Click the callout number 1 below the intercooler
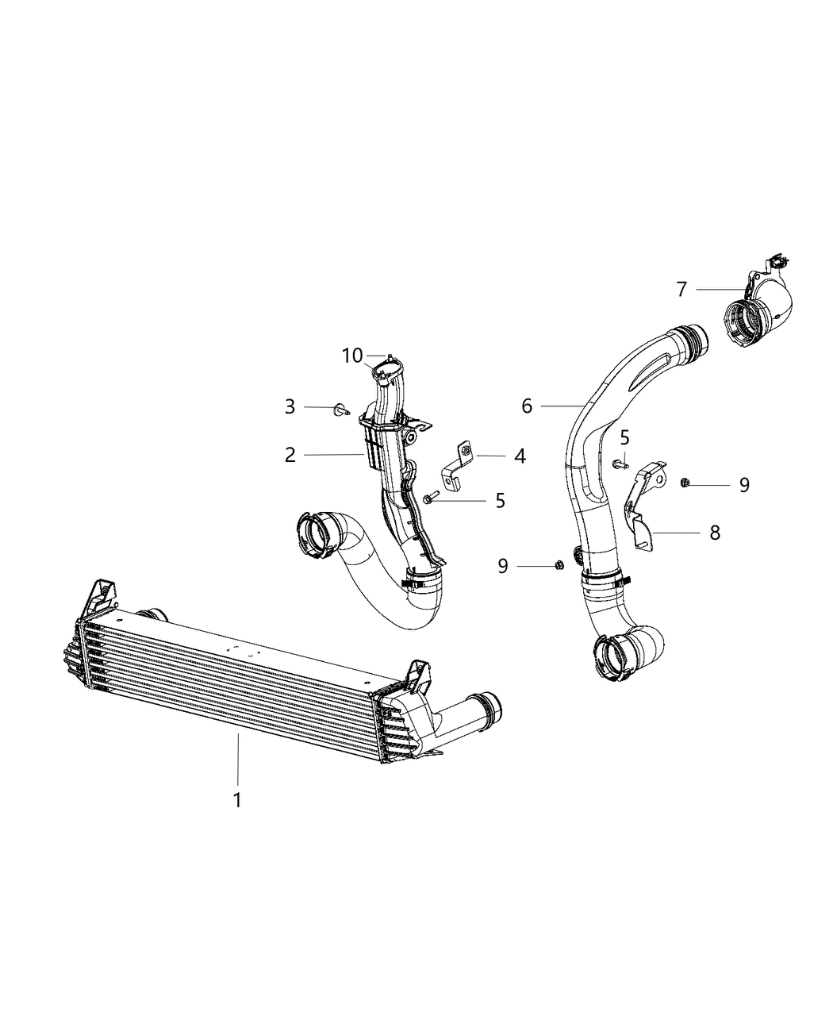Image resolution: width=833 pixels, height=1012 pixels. [236, 799]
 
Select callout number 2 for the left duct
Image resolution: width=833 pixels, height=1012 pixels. [290, 455]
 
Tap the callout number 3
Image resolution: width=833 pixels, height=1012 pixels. [290, 406]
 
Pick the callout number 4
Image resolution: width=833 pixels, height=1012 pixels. [520, 456]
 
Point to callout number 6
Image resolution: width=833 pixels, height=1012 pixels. [527, 406]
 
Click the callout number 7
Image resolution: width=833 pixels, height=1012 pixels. [681, 290]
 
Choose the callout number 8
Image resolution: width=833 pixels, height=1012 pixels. [715, 533]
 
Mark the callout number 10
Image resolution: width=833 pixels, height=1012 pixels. [352, 356]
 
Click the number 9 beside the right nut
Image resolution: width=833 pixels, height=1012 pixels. [744, 484]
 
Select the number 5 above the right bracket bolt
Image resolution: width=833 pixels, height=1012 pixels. [625, 437]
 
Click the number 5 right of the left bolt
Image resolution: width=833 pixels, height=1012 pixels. [500, 500]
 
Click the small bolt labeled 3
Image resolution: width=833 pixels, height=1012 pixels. [342, 408]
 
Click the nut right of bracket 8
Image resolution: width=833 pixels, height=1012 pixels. [686, 482]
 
